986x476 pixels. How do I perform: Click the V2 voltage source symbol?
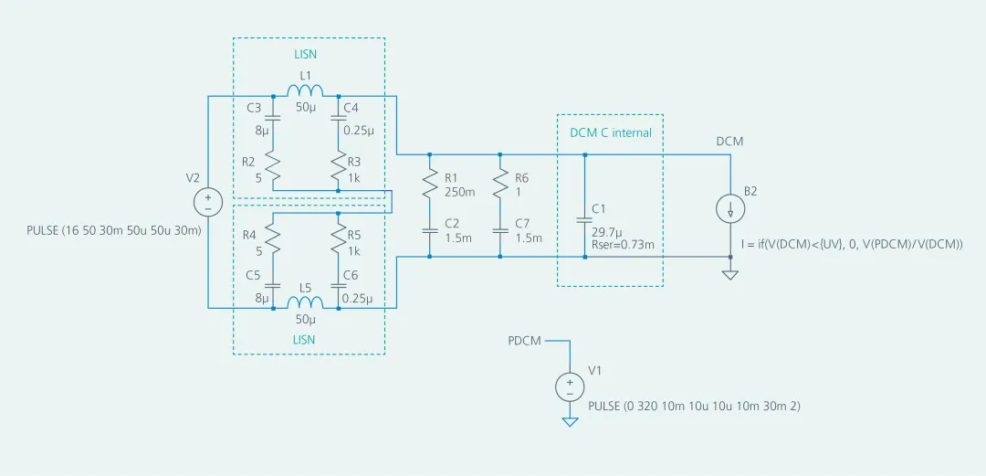coord(207,201)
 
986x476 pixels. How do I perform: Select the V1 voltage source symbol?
coord(570,386)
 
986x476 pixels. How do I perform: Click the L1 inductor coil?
coord(306,90)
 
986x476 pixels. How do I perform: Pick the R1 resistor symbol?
coord(428,186)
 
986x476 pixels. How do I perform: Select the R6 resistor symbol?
coord(499,186)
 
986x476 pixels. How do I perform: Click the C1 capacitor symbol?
coord(585,219)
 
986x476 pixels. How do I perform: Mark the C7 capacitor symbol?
coord(499,230)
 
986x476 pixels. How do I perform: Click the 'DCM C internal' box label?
coord(611,132)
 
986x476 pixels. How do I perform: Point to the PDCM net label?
coord(524,341)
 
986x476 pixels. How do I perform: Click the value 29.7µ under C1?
coord(607,232)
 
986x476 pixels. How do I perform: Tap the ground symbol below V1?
coord(570,421)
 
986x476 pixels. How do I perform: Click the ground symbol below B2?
coord(730,274)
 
